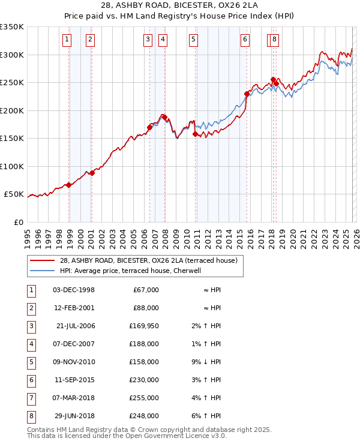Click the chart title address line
(x=181, y=7)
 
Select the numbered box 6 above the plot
(x=245, y=40)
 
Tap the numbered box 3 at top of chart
(x=148, y=40)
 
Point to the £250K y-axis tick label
(x=12, y=83)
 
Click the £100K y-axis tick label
(x=12, y=166)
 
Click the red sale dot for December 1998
(x=69, y=185)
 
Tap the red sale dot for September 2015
(x=247, y=94)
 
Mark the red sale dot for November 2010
(x=195, y=134)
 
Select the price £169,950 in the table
(x=143, y=326)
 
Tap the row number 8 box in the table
(x=31, y=416)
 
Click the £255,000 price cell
(x=144, y=398)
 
